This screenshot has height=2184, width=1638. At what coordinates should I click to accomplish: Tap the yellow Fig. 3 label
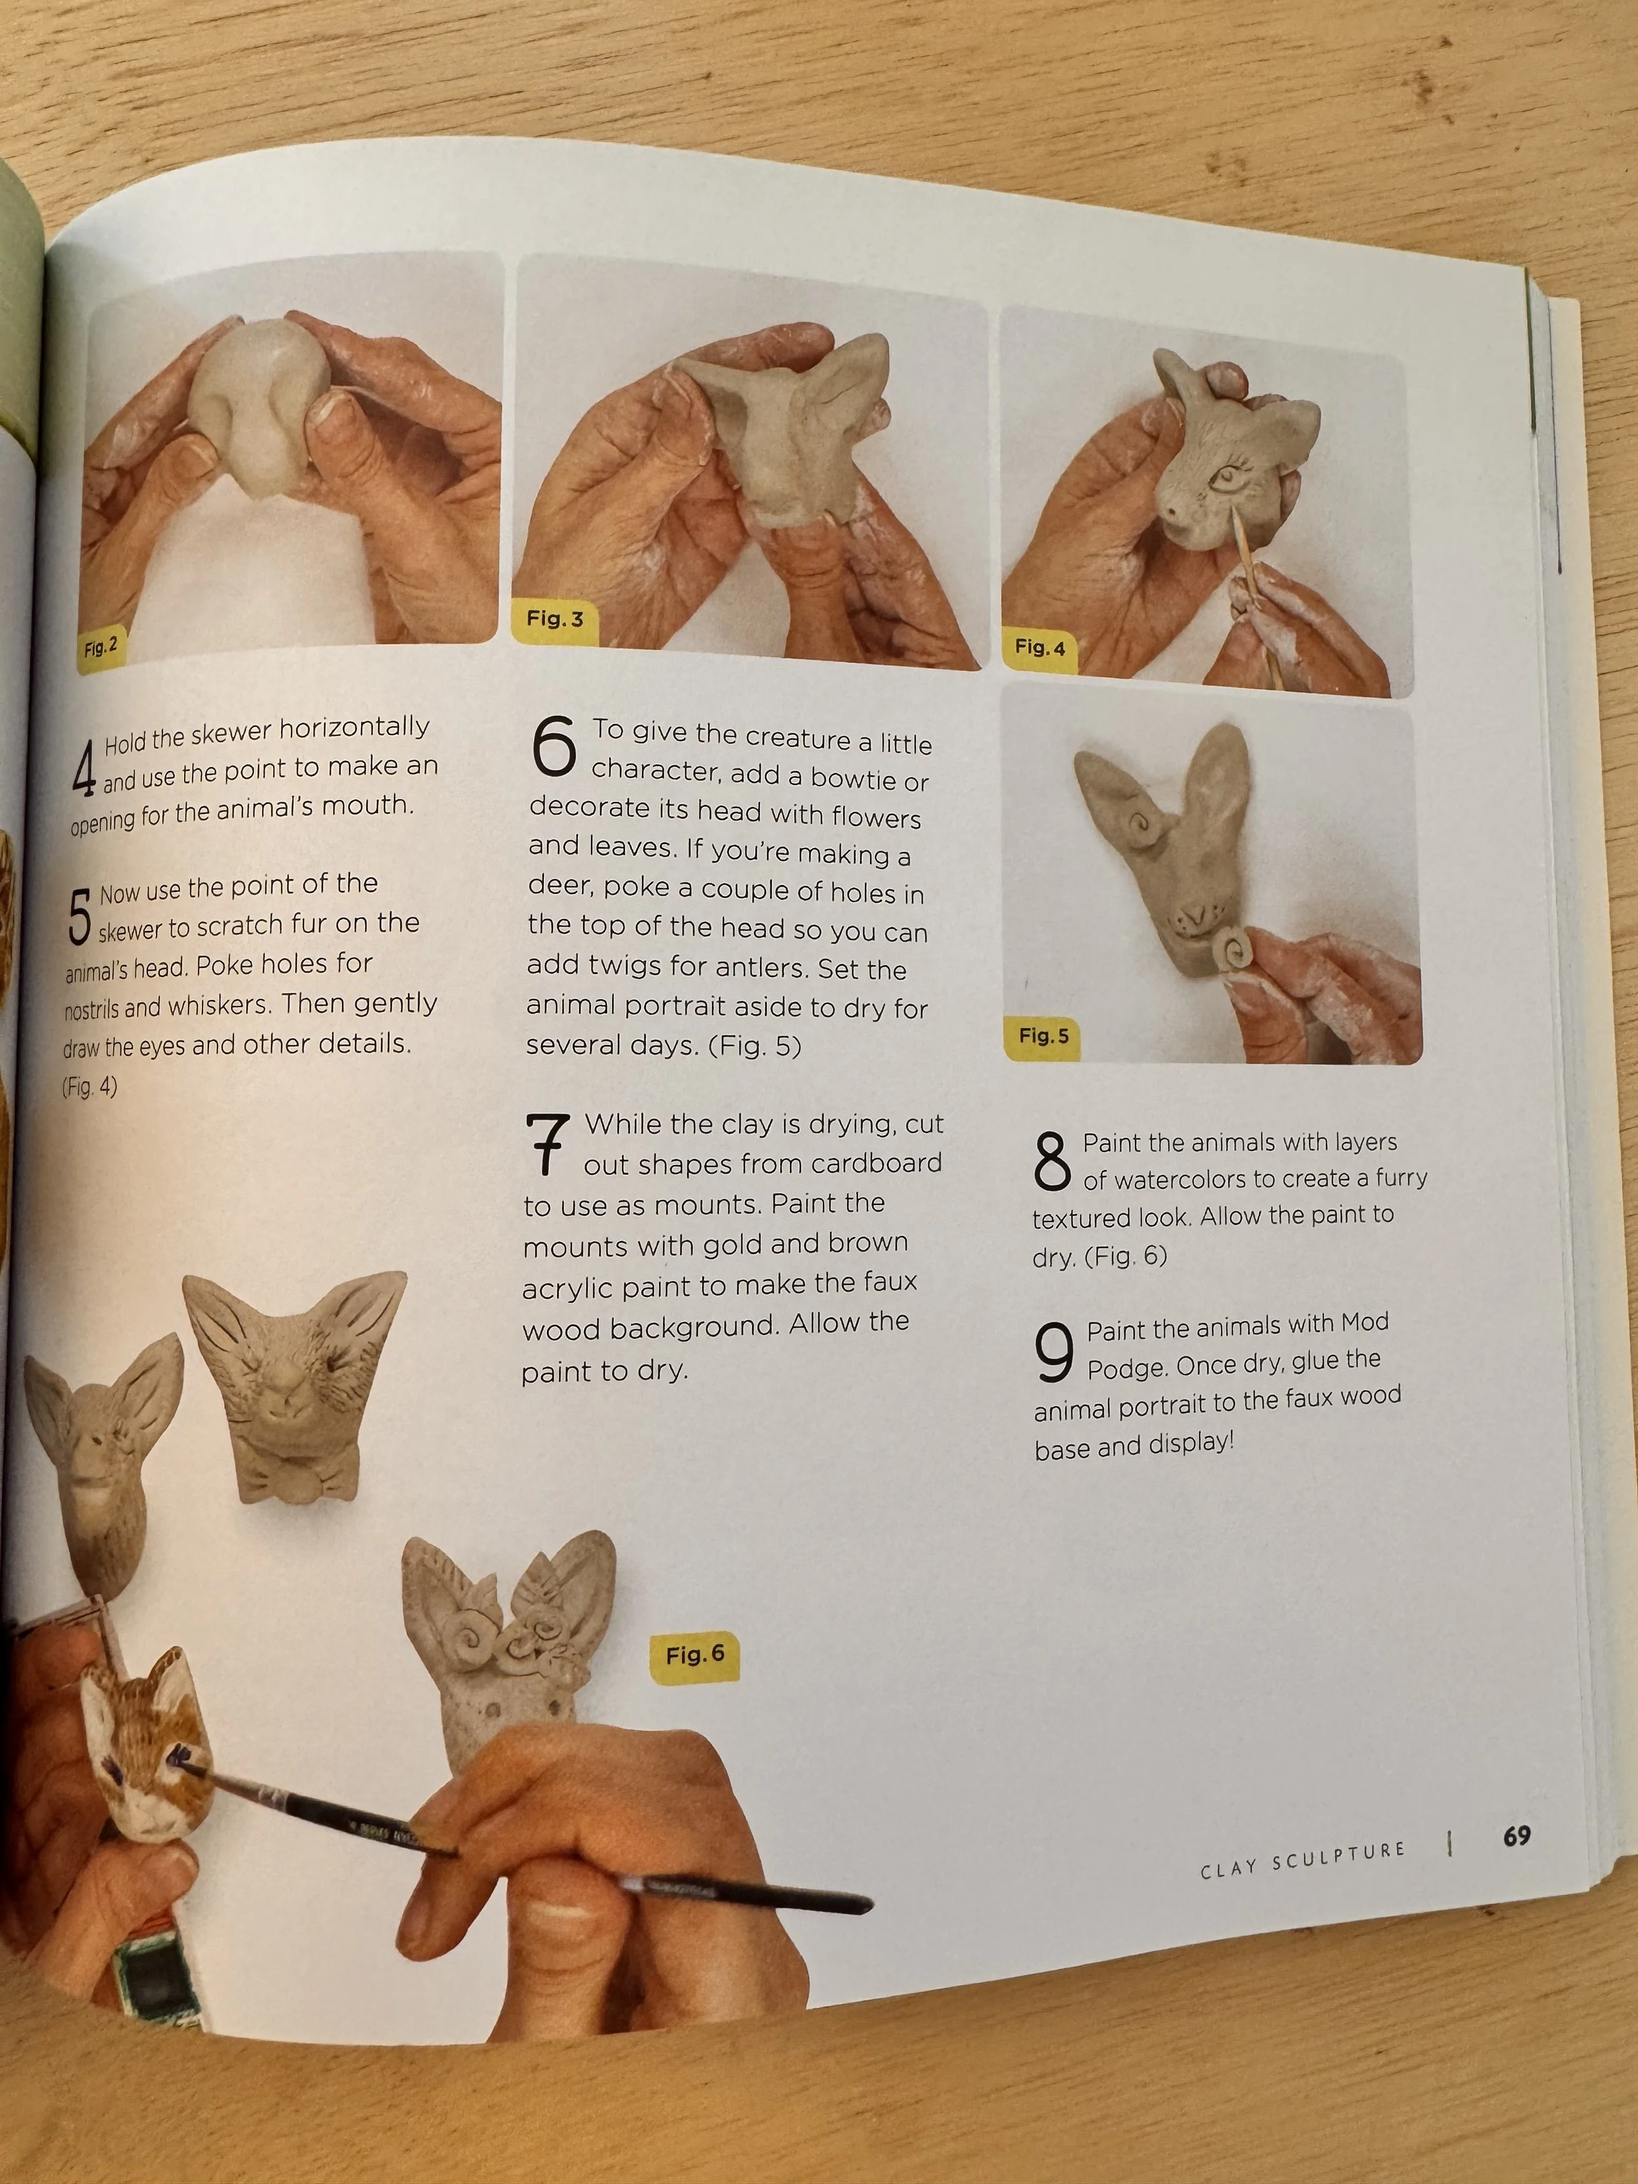[555, 619]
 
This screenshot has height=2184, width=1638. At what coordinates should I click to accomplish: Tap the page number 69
[1517, 1835]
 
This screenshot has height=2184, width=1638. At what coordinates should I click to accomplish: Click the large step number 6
[554, 746]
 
